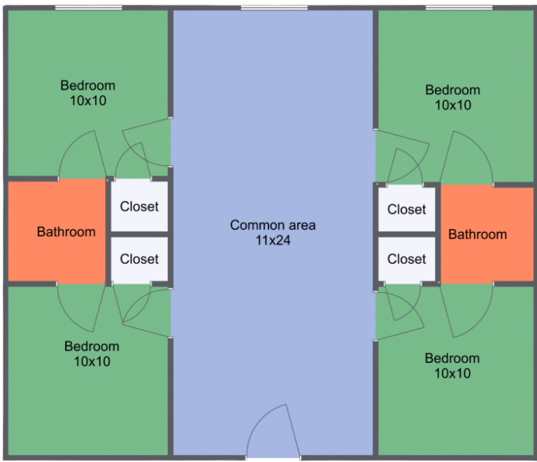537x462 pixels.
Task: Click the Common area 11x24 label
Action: pyautogui.click(x=273, y=233)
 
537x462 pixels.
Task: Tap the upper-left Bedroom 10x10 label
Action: pyautogui.click(x=88, y=93)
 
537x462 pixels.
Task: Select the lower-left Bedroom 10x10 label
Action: pyautogui.click(x=92, y=354)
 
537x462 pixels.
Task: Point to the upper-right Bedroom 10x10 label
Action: pyautogui.click(x=452, y=97)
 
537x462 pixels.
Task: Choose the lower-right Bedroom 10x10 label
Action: pyautogui.click(x=452, y=366)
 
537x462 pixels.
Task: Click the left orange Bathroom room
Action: pyautogui.click(x=57, y=231)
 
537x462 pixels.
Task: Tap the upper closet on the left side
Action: pyautogui.click(x=139, y=206)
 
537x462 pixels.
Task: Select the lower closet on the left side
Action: pyautogui.click(x=139, y=259)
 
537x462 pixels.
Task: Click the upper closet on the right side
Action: pyautogui.click(x=406, y=209)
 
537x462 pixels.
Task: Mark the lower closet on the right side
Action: pyautogui.click(x=406, y=259)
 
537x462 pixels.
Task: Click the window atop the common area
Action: pyautogui.click(x=274, y=8)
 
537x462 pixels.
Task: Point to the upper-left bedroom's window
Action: pyautogui.click(x=89, y=8)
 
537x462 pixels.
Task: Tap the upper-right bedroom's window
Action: pyautogui.click(x=459, y=8)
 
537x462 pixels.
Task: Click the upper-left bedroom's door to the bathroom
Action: pyautogui.click(x=83, y=157)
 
